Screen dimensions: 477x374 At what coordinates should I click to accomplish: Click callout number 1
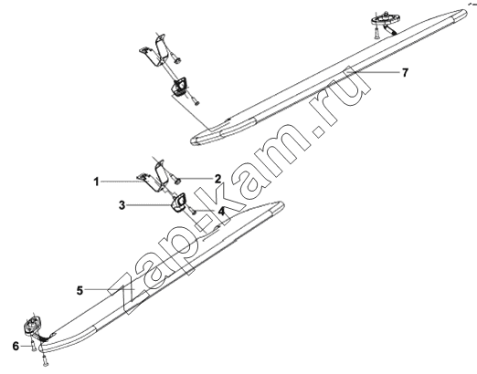point(96,182)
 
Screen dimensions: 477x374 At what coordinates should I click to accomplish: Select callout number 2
point(217,179)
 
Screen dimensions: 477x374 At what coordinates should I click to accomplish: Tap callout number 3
point(122,205)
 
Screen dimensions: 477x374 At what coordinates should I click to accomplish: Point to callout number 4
point(221,211)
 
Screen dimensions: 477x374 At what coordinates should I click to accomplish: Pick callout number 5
point(79,290)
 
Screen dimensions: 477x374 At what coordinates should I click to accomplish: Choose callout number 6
point(16,346)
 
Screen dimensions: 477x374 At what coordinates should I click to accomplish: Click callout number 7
point(405,73)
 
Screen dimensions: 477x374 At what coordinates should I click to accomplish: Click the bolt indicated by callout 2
point(175,178)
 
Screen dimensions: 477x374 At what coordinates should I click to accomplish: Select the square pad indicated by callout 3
point(178,202)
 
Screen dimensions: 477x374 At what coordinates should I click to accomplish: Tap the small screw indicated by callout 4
point(193,211)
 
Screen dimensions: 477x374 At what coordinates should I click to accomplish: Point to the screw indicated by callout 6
point(33,346)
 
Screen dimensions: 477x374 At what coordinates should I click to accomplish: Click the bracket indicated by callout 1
point(152,177)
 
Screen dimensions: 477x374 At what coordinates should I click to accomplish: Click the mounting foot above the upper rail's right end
point(385,19)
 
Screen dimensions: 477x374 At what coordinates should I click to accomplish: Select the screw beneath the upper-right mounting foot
point(376,33)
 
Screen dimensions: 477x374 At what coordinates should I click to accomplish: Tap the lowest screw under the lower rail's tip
point(45,360)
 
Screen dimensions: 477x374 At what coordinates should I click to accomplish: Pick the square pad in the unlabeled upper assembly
point(180,85)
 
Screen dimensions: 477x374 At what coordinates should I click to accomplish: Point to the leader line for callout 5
point(110,290)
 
